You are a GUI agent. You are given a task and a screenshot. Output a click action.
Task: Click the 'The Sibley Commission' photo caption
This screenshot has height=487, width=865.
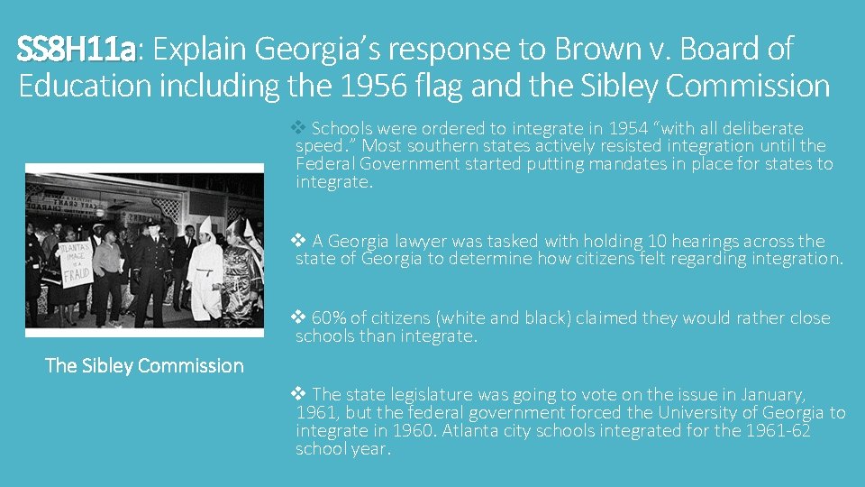tap(144, 365)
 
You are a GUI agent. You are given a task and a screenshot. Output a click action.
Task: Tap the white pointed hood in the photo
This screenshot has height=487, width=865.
tap(205, 227)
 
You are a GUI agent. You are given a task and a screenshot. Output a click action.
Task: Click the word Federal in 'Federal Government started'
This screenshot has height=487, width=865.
tap(323, 164)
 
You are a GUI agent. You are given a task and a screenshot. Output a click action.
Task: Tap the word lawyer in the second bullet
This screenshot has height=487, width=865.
tap(424, 241)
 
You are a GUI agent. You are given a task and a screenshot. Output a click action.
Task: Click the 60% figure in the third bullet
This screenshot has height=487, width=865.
tap(328, 317)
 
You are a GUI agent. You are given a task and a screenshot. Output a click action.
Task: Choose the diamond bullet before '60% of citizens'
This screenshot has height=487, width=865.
tap(300, 317)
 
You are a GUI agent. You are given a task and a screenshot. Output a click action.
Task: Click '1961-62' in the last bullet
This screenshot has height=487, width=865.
tap(778, 430)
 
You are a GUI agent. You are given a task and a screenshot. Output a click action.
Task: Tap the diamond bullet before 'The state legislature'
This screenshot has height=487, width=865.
tap(300, 394)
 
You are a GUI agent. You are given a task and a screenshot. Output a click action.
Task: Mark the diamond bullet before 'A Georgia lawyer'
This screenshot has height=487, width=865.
tap(300, 241)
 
